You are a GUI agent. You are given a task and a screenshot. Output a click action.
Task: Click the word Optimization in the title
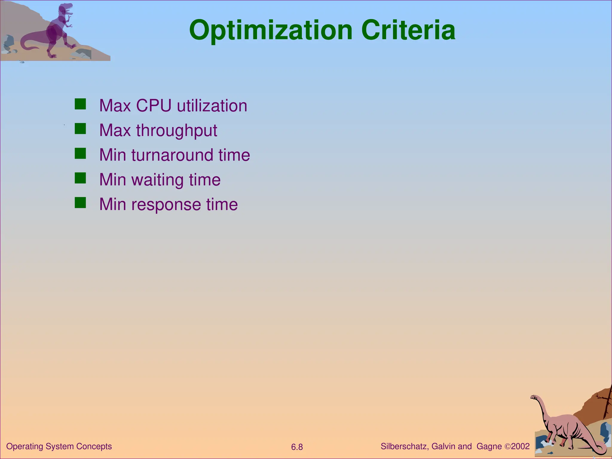click(x=271, y=30)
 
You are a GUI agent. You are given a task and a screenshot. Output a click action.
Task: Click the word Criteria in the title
click(x=408, y=30)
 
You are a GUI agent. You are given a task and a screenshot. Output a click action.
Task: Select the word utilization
click(x=212, y=105)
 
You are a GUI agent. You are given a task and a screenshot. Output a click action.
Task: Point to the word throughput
click(x=177, y=131)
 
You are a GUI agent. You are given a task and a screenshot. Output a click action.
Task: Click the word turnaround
click(x=172, y=155)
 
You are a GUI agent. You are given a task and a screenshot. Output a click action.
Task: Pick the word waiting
click(x=157, y=180)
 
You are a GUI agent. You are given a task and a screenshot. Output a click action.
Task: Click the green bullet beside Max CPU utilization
click(x=80, y=104)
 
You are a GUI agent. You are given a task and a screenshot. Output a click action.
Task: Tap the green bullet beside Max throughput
click(x=80, y=129)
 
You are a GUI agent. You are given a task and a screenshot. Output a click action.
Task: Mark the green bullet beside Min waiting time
click(x=80, y=178)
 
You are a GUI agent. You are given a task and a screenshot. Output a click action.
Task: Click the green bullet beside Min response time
click(x=80, y=203)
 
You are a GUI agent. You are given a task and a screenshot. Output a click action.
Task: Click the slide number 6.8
click(x=297, y=447)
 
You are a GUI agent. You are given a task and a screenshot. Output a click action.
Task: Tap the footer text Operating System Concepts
click(x=59, y=446)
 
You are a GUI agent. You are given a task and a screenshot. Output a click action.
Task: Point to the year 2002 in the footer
click(x=520, y=446)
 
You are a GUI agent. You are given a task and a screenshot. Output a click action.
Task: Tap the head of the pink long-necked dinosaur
click(x=535, y=397)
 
